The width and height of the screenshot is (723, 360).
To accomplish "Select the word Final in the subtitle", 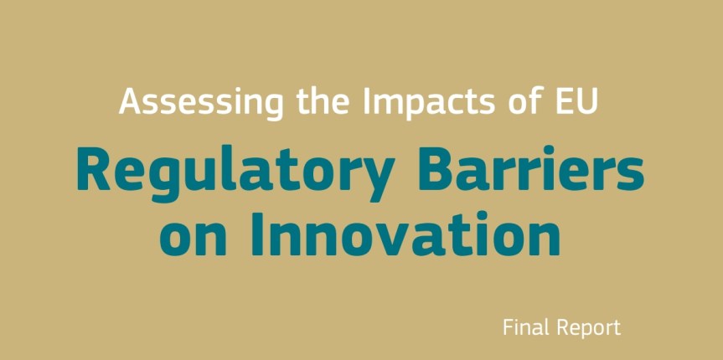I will click(x=523, y=327).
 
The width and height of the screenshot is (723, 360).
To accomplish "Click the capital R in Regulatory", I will click(x=91, y=170).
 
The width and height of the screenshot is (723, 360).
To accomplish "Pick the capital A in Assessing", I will click(x=130, y=102).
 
